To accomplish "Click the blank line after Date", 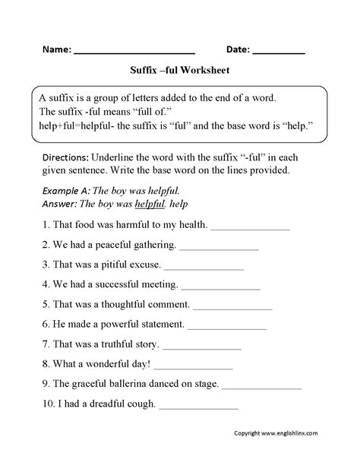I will [x=278, y=52].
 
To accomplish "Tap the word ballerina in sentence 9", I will [x=131, y=384].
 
